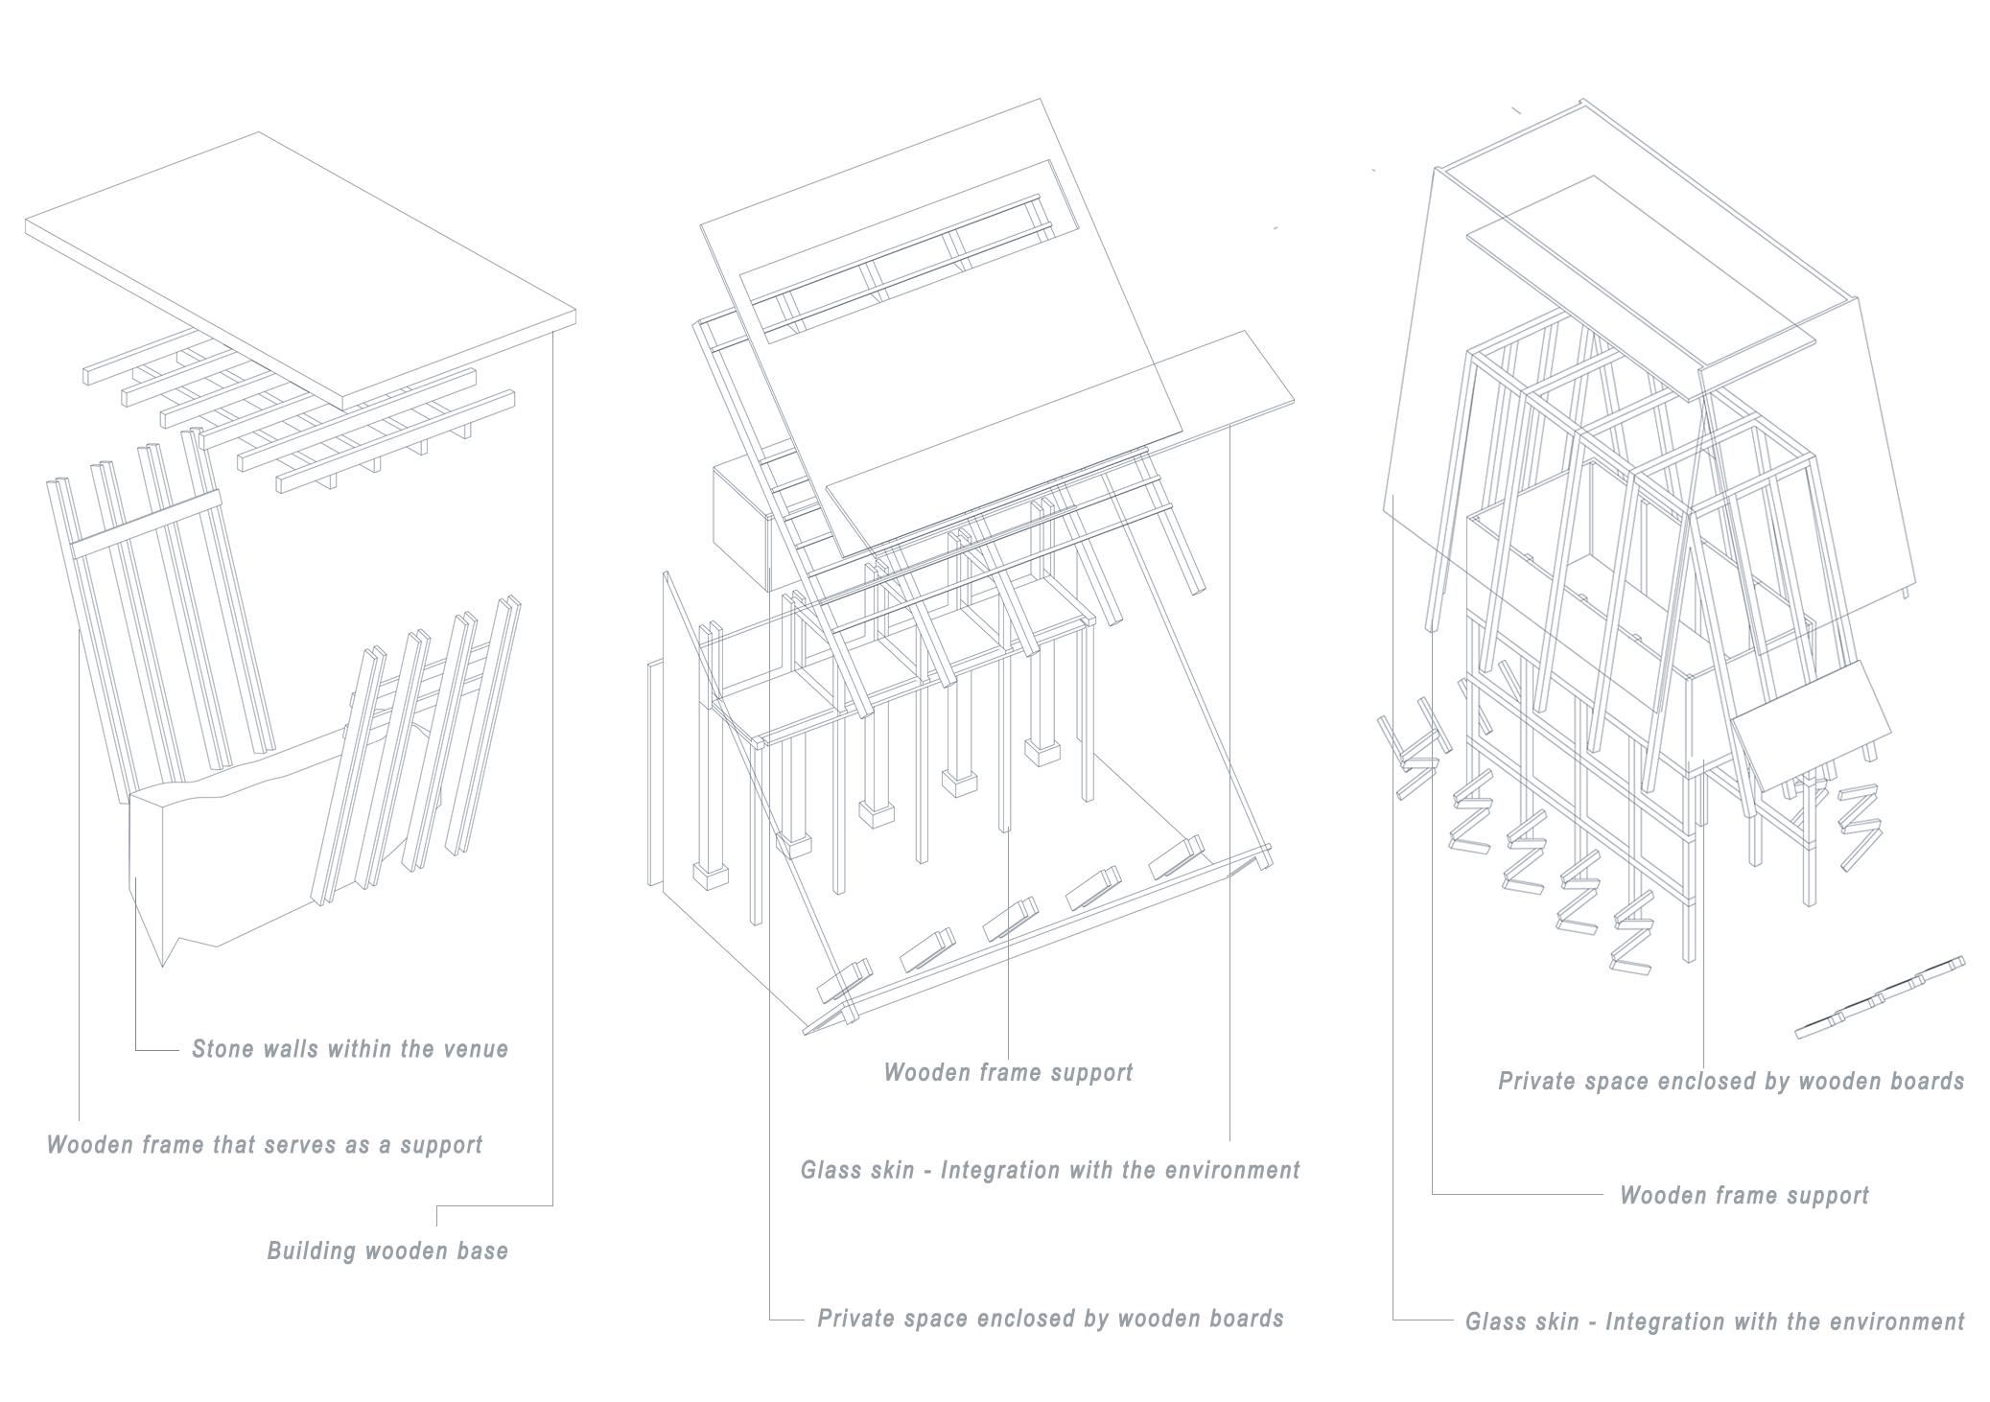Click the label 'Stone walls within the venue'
(349, 1049)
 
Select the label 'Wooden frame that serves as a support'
(265, 1145)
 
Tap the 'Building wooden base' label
(387, 1250)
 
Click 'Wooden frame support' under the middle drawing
(1008, 1072)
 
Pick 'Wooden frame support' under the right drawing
(1744, 1196)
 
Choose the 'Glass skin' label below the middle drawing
(1050, 1171)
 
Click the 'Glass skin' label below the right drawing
(1715, 1322)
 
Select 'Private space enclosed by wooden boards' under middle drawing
(1050, 1319)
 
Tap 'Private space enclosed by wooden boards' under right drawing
(1731, 1082)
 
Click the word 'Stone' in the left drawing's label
(221, 1049)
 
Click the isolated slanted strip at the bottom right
(1880, 997)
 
